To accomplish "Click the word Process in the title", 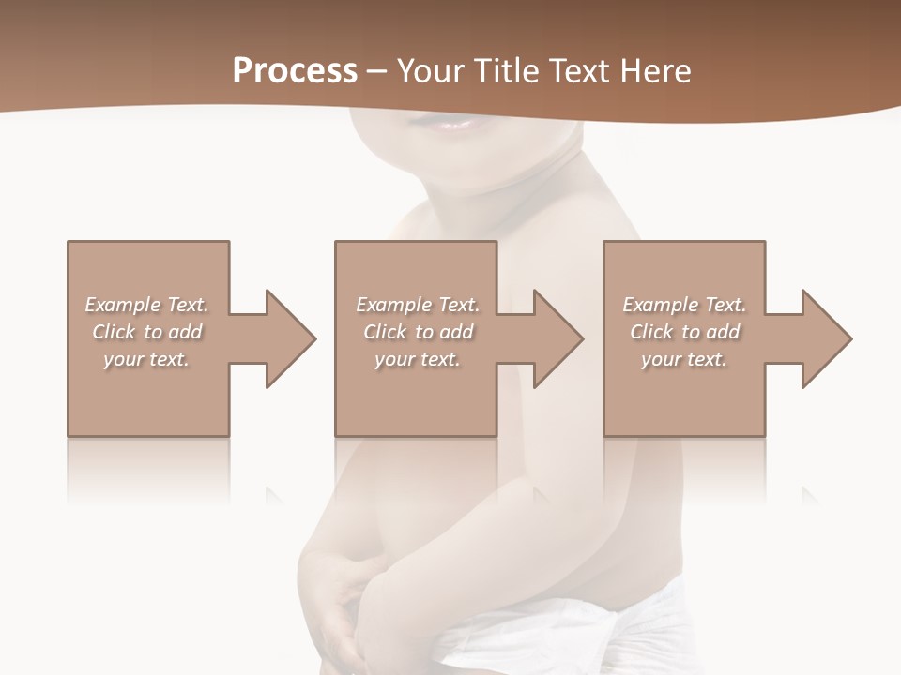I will coord(295,71).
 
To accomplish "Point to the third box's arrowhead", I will coord(825,338).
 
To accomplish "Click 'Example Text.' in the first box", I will coord(146,305).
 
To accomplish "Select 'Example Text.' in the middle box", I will coord(417,305).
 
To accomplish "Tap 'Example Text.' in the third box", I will coord(684,305).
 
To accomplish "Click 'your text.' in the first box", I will coord(146,359).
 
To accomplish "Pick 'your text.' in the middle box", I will coord(417,359).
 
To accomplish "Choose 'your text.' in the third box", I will coord(684,359).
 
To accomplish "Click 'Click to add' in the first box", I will coord(146,332).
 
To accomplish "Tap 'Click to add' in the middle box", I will coord(417,332).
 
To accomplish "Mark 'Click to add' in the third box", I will coord(684,332).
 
